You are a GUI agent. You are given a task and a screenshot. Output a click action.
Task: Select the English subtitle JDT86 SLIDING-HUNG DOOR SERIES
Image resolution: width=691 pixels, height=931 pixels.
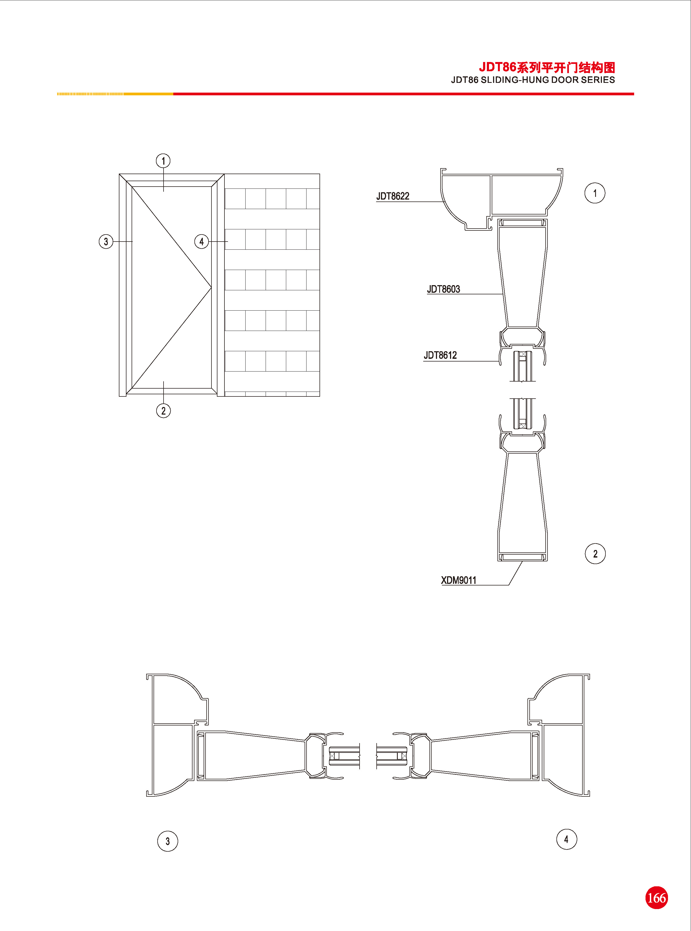(533, 80)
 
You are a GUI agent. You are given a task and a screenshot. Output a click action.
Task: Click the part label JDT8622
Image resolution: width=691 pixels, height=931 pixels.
(393, 196)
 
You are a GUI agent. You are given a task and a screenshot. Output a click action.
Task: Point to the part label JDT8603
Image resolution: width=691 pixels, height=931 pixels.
(443, 289)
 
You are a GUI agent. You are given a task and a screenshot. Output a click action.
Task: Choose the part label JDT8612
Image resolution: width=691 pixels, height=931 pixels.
(440, 356)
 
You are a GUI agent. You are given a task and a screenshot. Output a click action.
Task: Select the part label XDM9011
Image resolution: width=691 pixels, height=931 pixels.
(458, 580)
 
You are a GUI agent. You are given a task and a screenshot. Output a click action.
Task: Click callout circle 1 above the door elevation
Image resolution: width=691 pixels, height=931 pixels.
(163, 161)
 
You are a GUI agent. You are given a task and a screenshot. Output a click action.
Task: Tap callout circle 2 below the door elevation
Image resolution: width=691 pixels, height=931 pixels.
(163, 411)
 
